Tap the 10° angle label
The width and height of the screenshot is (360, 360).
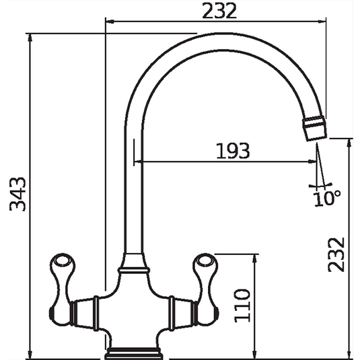coord(327,196)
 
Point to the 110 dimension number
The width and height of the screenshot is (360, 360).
coord(244,304)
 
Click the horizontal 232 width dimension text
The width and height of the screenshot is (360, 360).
coord(220,11)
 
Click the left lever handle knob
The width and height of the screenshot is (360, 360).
coord(60,264)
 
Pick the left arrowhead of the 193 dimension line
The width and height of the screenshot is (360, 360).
coord(138,162)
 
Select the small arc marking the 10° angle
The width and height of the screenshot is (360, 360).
coord(321,185)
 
